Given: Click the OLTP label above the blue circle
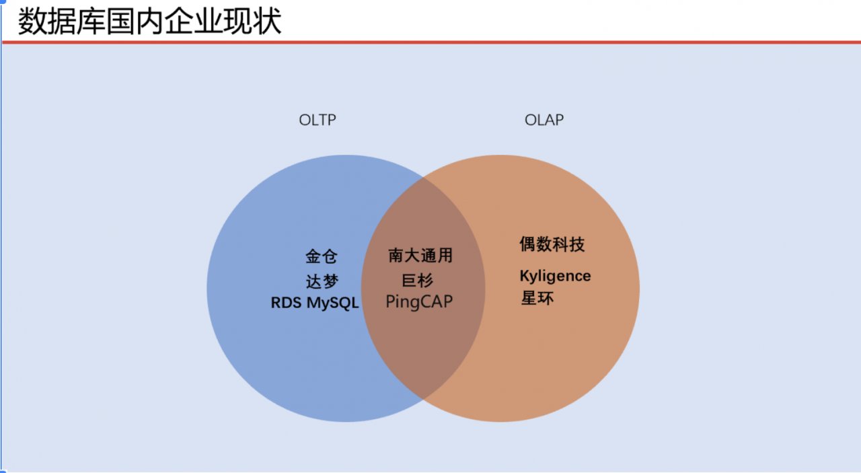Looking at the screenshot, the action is coord(317,120).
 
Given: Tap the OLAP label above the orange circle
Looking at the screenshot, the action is coord(544,120).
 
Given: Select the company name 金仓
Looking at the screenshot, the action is coord(322,256).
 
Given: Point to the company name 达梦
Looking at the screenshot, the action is coord(322,281).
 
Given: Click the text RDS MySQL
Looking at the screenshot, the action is coord(315,303).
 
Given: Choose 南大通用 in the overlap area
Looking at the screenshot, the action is coord(420,256).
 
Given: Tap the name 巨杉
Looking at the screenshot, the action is coord(418,281).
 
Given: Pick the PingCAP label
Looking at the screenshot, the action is coord(419,301).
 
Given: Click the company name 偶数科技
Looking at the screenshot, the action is coord(552,244).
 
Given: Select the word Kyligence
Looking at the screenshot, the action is coord(556,276).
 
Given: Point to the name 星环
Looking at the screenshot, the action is coord(537,298).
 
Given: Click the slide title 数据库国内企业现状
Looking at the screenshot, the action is coord(149,21).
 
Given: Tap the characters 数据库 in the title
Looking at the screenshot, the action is coord(61,21).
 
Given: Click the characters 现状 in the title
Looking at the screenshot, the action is coord(252,21).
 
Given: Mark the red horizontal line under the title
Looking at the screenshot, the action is coord(431,42).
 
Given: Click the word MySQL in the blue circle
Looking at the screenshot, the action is coord(333,303).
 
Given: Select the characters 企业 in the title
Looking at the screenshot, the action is coord(194,21).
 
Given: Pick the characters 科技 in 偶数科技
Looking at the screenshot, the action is coord(568,244).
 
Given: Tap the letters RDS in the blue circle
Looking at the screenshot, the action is coord(286,303).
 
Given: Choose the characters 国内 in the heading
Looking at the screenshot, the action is coord(135,21).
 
